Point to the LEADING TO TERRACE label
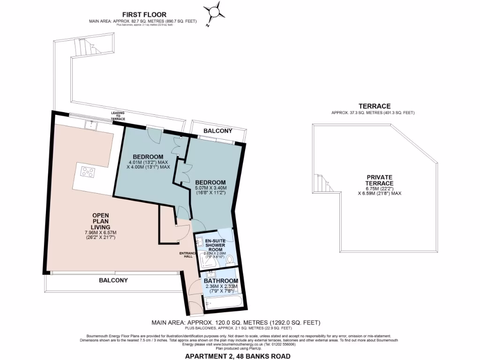coord(118,116)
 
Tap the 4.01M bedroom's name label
coord(148,157)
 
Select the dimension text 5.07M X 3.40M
coord(211,188)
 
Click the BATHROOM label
coord(220,281)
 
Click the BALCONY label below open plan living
coord(113,280)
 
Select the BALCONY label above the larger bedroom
coord(218,131)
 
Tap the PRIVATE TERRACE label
coord(380,180)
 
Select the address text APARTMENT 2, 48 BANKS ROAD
coord(238,356)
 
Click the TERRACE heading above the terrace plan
coord(373,106)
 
